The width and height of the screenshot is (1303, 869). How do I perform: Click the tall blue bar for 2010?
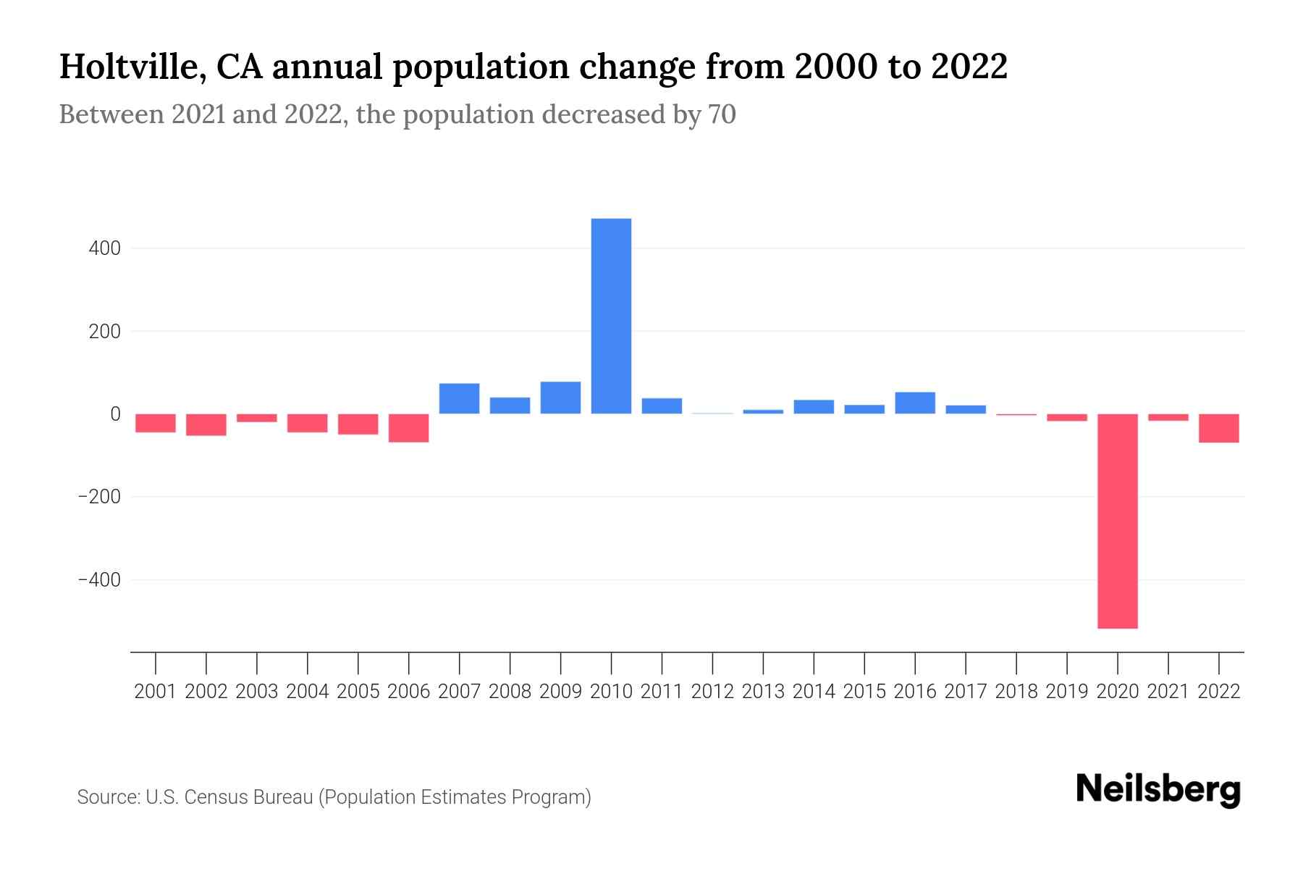[x=611, y=316]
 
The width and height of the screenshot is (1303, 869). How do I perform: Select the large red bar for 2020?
[x=1117, y=521]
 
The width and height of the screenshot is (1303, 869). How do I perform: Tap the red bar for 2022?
[x=1218, y=428]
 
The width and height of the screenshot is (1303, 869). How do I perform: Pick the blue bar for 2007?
[x=459, y=398]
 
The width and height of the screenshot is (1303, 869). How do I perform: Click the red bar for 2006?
[x=408, y=428]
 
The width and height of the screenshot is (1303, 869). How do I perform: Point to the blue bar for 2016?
[x=914, y=403]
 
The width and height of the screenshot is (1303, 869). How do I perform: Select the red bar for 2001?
[x=156, y=423]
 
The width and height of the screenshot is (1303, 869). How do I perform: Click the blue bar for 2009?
[x=560, y=398]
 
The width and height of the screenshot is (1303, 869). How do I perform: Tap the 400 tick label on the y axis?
[x=105, y=248]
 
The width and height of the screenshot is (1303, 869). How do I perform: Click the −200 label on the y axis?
[x=99, y=498]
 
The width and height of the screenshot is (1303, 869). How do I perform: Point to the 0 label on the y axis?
[x=115, y=414]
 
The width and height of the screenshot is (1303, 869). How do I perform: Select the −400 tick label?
[x=99, y=581]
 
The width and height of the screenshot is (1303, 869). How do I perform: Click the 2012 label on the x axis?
[x=712, y=692]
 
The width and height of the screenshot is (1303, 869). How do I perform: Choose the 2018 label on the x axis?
[x=1016, y=692]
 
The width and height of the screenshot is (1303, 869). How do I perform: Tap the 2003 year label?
[x=257, y=692]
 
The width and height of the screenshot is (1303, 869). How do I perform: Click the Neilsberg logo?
[x=1158, y=789]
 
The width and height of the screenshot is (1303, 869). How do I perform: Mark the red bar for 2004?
[x=307, y=423]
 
